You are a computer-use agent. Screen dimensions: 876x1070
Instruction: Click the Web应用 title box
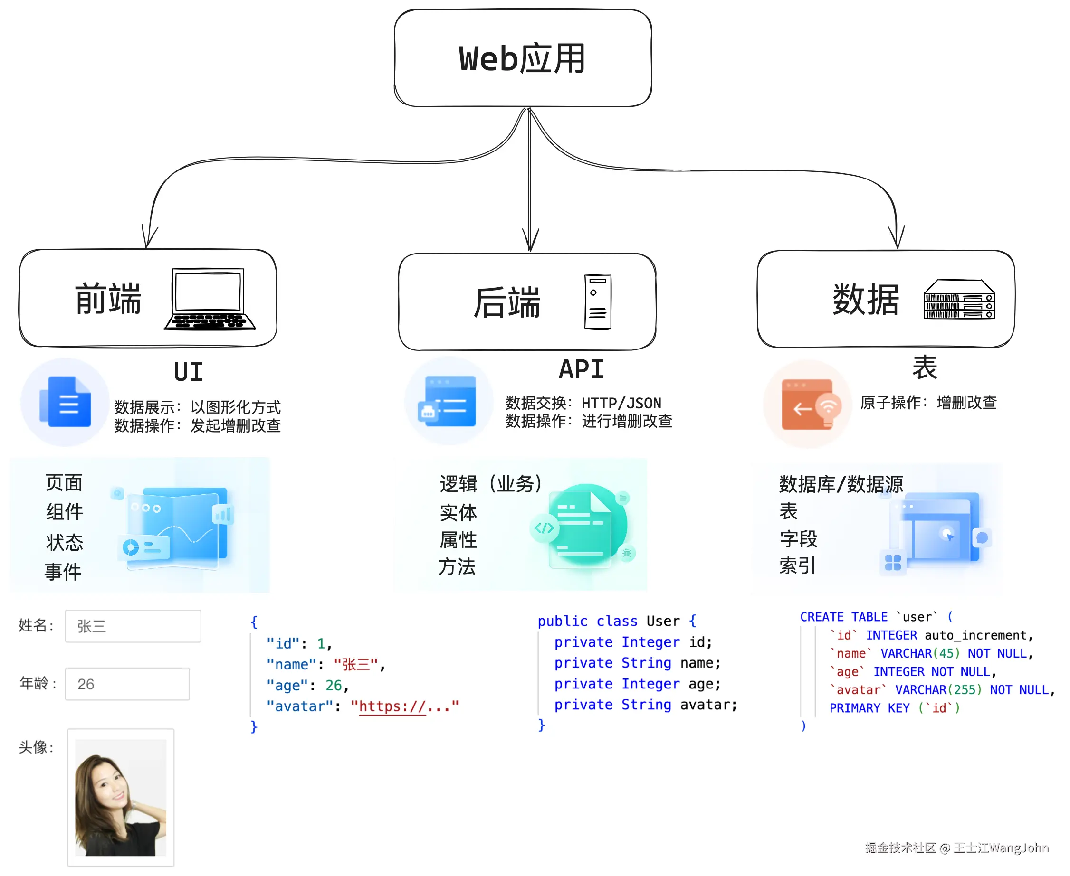(523, 58)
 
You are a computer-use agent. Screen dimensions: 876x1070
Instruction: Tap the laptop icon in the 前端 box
(209, 299)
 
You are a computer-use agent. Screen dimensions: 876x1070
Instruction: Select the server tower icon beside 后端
(597, 302)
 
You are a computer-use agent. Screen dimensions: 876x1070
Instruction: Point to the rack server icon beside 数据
(959, 299)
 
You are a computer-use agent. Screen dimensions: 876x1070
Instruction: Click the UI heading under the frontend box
(188, 372)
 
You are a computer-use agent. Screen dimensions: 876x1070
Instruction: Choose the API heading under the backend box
(581, 369)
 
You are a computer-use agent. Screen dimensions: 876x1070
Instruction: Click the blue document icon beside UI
(66, 402)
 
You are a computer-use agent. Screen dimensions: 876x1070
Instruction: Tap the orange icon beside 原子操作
(810, 404)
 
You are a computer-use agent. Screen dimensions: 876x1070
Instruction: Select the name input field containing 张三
(133, 626)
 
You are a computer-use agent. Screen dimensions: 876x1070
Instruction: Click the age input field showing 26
(127, 684)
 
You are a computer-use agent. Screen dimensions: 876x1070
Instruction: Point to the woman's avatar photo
(121, 797)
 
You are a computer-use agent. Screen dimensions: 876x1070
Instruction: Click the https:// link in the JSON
(392, 706)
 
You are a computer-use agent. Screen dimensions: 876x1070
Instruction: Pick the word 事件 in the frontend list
(63, 572)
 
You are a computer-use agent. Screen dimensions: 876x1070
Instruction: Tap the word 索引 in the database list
(797, 565)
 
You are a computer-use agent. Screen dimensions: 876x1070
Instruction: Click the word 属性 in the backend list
(458, 540)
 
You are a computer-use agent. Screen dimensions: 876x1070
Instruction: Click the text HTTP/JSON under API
(621, 403)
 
